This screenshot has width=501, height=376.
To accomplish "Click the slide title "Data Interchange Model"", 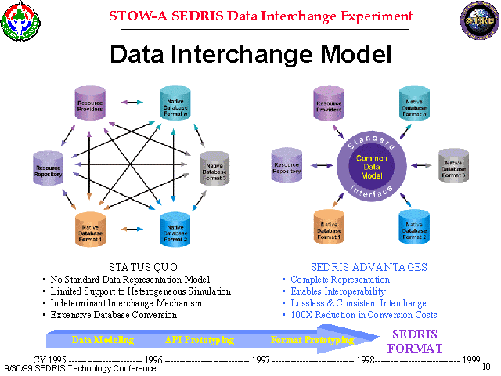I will pos(250,53).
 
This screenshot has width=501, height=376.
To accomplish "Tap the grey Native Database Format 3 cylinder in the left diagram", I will pos(213,164).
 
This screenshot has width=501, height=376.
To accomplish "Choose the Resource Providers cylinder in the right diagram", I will pos(329,103).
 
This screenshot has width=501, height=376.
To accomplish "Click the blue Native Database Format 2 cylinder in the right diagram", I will pos(415,227).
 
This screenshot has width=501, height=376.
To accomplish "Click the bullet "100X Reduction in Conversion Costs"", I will pos(364,315).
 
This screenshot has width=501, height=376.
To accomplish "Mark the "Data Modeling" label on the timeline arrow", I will pos(103,340).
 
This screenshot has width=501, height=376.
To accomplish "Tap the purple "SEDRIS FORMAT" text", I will pos(416,341).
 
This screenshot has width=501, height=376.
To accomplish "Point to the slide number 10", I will pos(486,367).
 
